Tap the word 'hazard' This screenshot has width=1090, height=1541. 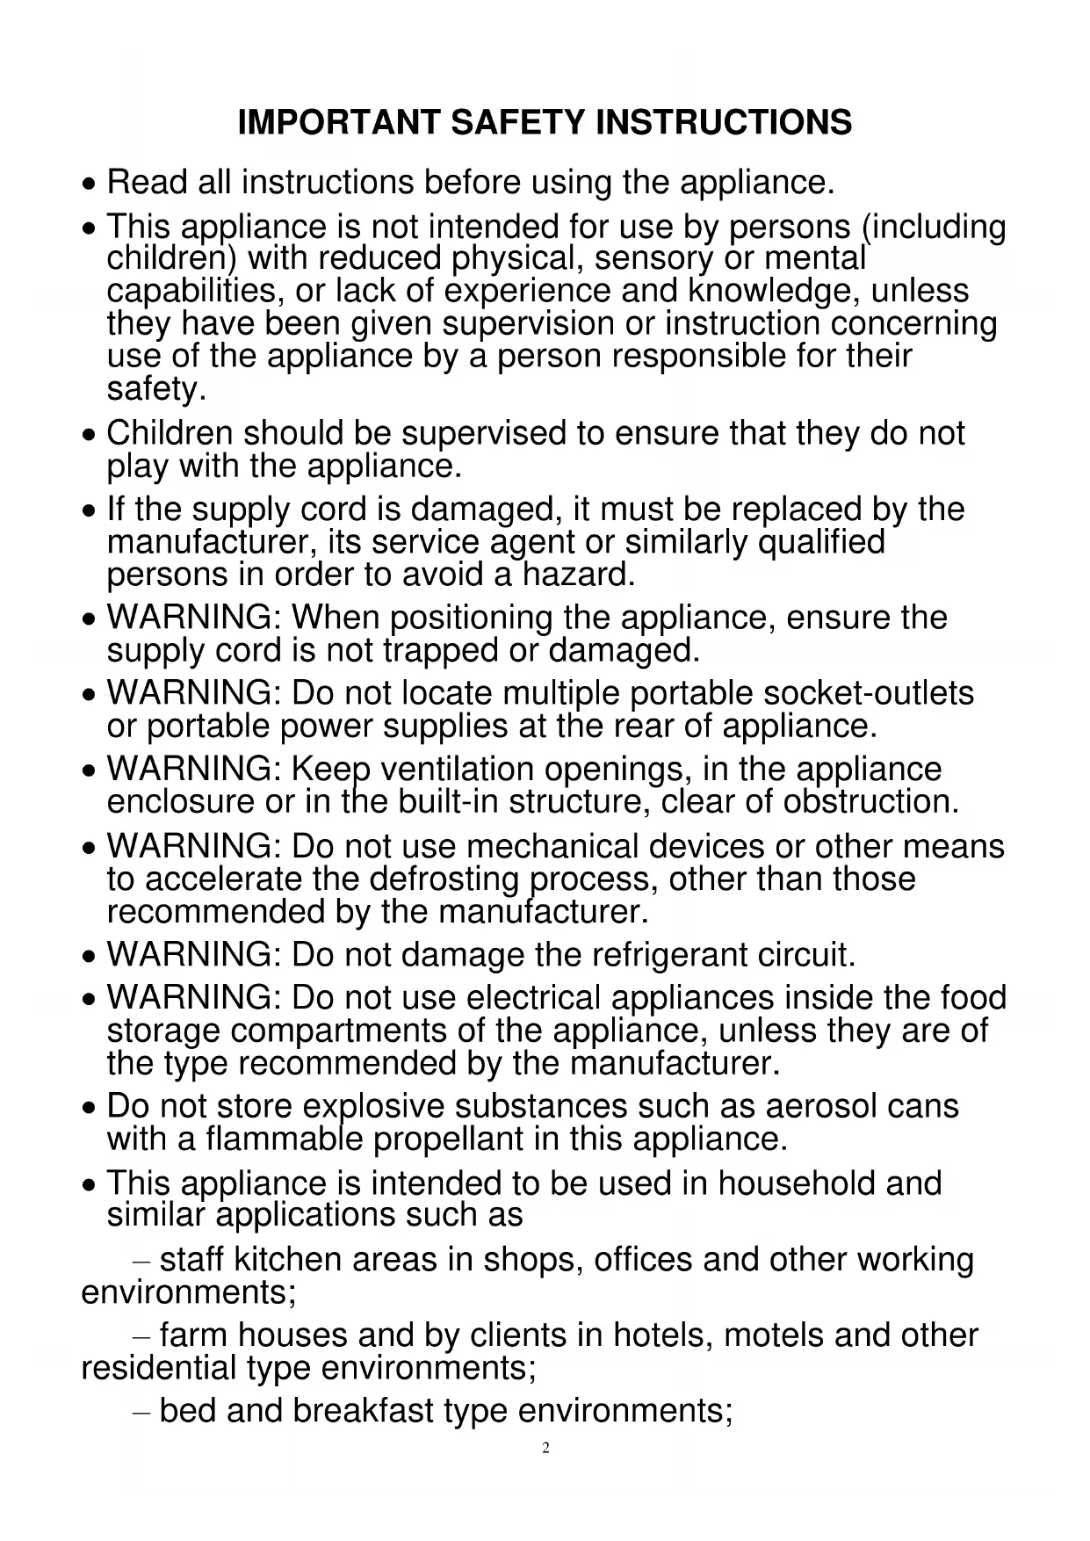point(576,575)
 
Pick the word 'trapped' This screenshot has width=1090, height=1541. point(441,651)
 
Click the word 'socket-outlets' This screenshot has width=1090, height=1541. point(868,694)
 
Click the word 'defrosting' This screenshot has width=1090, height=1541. point(444,879)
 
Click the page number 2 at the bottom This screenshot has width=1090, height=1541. point(545,1448)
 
